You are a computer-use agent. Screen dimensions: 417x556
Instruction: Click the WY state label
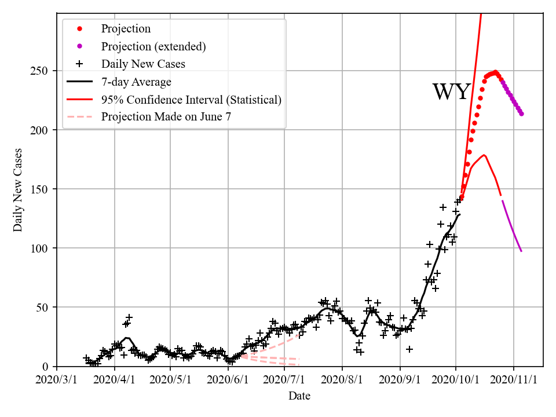point(451,92)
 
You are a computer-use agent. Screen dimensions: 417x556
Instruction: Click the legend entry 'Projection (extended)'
point(153,46)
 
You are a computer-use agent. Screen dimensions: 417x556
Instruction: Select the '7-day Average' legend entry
point(136,82)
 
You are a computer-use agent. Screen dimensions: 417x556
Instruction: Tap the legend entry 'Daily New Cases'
point(143,64)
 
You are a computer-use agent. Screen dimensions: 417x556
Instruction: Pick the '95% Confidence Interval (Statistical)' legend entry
point(191,100)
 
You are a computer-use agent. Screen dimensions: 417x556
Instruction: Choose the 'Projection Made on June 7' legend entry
point(166,117)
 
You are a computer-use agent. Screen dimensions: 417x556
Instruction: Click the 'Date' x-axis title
point(299,396)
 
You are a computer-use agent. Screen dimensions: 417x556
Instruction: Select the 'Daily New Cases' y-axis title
point(18,190)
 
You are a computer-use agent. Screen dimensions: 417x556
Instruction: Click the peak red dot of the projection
point(495,72)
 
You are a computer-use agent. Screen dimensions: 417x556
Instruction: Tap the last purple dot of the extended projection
point(521,114)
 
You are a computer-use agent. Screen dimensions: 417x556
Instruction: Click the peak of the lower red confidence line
point(484,155)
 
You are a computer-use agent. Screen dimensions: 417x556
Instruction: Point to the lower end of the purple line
point(521,251)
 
